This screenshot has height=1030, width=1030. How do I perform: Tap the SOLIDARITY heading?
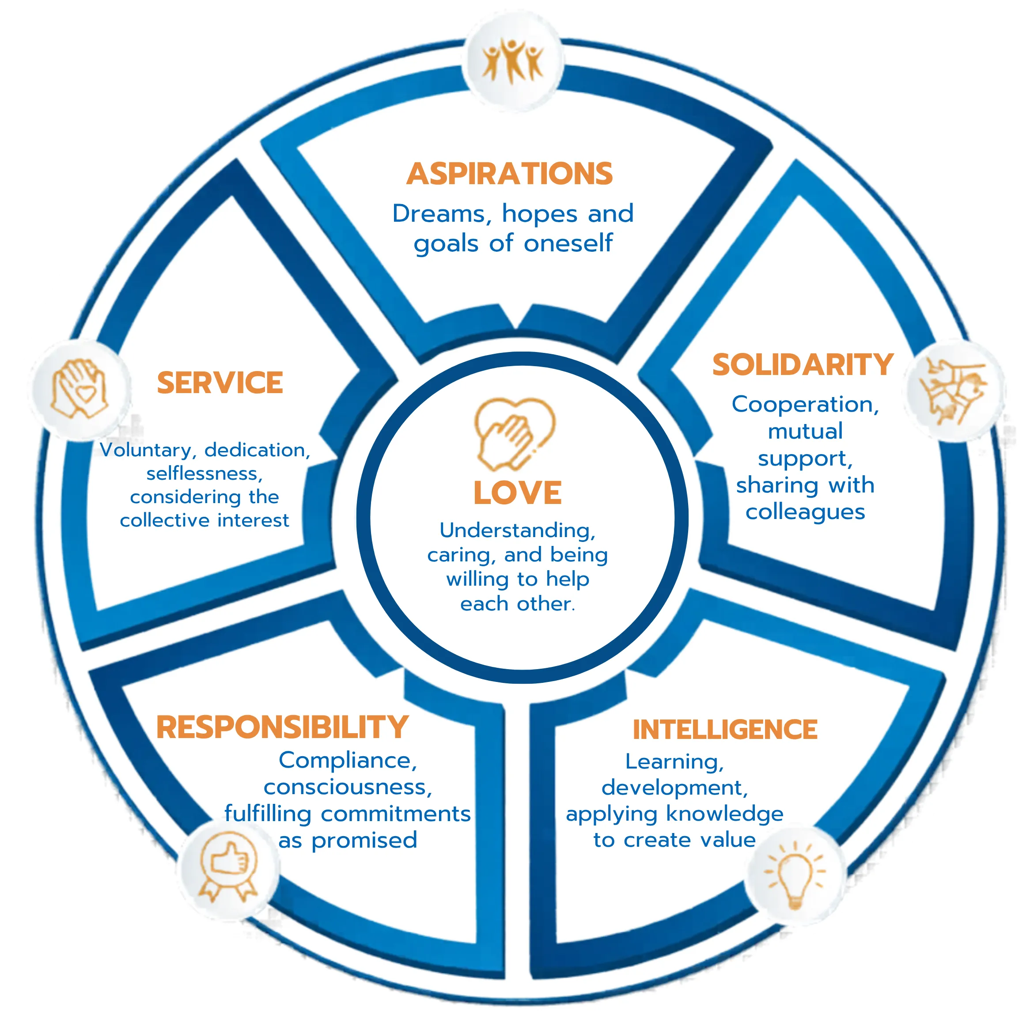coord(803,365)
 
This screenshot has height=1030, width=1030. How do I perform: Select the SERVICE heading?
coord(220,383)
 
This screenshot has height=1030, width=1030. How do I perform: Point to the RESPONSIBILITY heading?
coord(282,727)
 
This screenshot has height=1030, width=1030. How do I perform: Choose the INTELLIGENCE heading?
coord(725,729)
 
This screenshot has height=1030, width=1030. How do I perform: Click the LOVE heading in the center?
coord(517,492)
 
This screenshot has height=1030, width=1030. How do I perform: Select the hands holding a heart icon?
coord(79,388)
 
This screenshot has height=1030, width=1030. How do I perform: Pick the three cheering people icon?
coord(512,61)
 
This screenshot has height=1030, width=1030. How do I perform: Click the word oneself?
coord(568,244)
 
